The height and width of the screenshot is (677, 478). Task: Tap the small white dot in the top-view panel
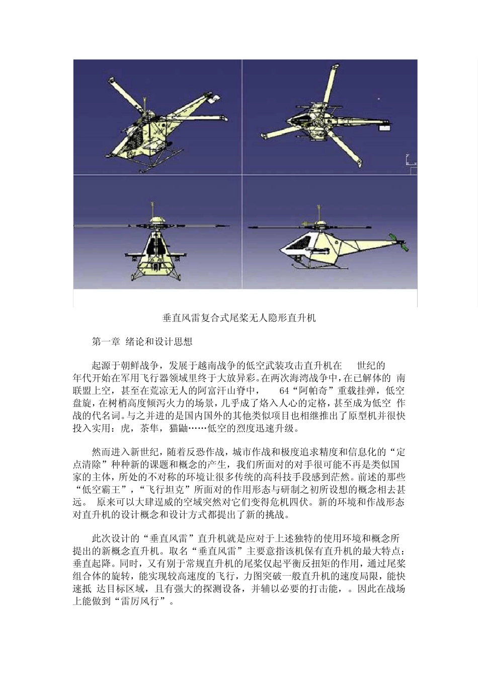[378, 99]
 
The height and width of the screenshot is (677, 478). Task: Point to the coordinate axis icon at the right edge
[410, 161]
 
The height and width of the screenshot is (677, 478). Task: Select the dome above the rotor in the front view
[156, 220]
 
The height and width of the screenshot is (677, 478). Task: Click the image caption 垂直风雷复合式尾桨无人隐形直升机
[239, 318]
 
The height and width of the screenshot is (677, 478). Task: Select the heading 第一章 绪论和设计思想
[142, 342]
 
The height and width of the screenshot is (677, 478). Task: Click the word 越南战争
[211, 365]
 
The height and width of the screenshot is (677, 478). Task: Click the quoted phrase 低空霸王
[103, 490]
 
